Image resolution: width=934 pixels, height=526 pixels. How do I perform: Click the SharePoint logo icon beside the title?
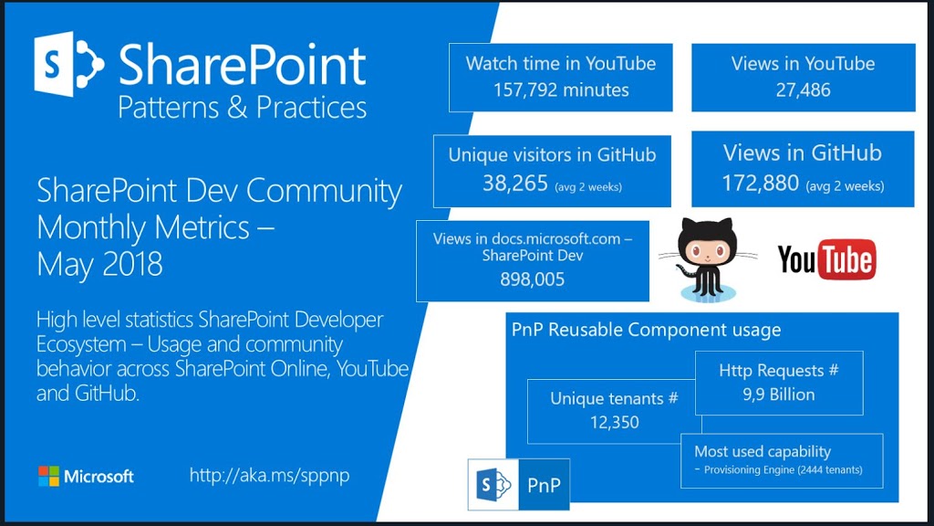pyautogui.click(x=68, y=64)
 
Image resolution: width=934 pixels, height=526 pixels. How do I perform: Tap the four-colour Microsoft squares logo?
pyautogui.click(x=49, y=476)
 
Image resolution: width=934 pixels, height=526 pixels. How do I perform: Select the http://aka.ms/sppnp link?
pyautogui.click(x=269, y=475)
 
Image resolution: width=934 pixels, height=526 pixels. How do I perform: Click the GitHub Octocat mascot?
pyautogui.click(x=708, y=259)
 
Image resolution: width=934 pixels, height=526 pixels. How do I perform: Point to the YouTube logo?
pyautogui.click(x=826, y=259)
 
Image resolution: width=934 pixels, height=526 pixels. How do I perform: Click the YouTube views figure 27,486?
pyautogui.click(x=803, y=90)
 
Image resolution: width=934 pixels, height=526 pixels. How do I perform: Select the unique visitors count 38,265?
pyautogui.click(x=515, y=183)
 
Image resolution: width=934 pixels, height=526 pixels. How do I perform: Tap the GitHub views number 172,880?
pyautogui.click(x=761, y=183)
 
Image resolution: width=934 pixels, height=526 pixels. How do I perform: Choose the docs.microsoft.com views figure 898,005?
pyautogui.click(x=532, y=279)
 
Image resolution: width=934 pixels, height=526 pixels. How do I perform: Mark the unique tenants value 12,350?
pyautogui.click(x=614, y=422)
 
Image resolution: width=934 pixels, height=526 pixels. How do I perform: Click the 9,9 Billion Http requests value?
pyautogui.click(x=779, y=394)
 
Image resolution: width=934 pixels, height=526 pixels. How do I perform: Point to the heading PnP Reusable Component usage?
pyautogui.click(x=647, y=330)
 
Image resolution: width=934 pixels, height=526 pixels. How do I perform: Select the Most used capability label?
pyautogui.click(x=763, y=451)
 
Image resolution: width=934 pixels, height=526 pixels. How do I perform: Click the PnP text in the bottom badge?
pyautogui.click(x=544, y=486)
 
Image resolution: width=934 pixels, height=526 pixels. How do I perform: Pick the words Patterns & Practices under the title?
pyautogui.click(x=242, y=108)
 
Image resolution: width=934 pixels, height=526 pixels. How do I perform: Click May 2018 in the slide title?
pyautogui.click(x=99, y=264)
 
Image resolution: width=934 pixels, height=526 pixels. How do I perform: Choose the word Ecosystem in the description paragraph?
pyautogui.click(x=81, y=344)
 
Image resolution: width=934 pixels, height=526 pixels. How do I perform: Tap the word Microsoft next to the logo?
pyautogui.click(x=99, y=477)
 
